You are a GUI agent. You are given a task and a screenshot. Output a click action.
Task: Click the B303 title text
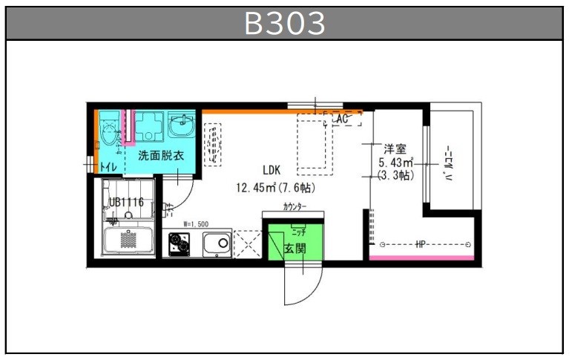pos(286,23)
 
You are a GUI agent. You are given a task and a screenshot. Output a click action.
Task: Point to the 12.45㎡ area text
pos(256,187)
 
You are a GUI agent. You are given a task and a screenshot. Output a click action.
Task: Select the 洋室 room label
pos(394,148)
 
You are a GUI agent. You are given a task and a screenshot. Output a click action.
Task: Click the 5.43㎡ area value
pos(395,162)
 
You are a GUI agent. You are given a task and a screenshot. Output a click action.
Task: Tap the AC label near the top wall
pos(342,119)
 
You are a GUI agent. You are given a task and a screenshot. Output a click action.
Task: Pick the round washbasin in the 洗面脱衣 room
pos(180,126)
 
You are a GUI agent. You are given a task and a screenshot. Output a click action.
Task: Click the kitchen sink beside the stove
pos(217,242)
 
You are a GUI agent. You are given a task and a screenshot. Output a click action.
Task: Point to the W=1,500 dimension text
pos(196,223)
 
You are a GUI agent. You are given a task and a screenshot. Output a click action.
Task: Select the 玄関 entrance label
pos(295,249)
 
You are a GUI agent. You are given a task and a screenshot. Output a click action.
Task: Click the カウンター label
pos(293,206)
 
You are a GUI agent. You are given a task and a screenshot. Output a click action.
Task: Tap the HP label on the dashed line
pos(421,244)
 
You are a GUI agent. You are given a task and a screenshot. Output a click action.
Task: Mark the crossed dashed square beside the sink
pos(247,243)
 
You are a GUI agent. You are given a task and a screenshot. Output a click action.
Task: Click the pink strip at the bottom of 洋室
pos(421,258)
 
